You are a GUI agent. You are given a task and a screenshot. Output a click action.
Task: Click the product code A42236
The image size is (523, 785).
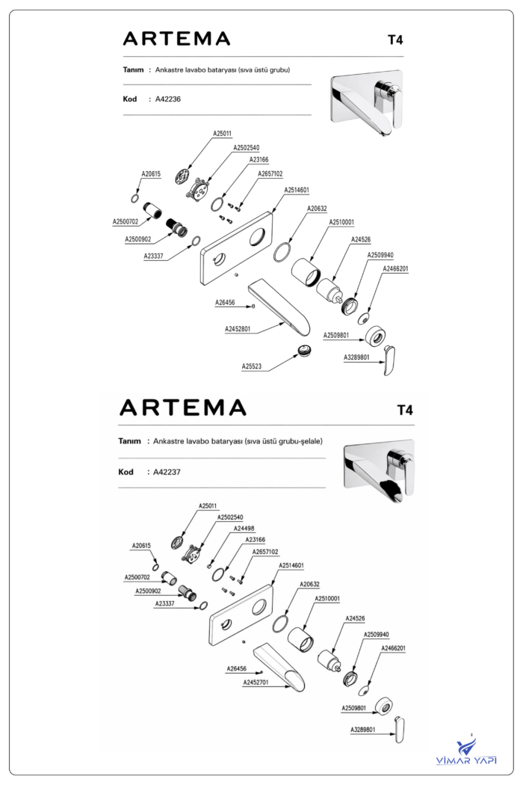(x=167, y=99)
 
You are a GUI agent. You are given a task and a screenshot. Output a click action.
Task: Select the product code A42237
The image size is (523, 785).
(x=167, y=472)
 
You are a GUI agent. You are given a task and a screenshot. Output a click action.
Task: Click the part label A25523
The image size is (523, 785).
(x=251, y=366)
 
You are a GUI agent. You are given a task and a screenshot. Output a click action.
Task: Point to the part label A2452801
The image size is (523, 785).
(x=238, y=329)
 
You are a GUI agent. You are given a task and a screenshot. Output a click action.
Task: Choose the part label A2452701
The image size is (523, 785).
(x=256, y=683)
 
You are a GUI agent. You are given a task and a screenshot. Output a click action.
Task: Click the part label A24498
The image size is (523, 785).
(x=244, y=529)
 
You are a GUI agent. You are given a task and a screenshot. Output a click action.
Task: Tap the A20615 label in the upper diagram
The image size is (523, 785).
(x=151, y=174)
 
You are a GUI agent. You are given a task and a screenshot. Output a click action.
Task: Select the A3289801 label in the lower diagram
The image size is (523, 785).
(x=363, y=730)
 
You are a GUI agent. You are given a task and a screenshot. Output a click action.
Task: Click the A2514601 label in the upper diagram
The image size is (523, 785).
(x=297, y=190)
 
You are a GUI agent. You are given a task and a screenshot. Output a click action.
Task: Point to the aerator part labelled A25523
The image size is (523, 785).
(x=304, y=350)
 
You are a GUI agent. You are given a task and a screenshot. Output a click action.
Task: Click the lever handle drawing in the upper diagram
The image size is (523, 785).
(x=390, y=360)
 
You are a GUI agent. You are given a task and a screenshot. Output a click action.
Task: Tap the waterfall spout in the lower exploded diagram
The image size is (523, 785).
(x=279, y=668)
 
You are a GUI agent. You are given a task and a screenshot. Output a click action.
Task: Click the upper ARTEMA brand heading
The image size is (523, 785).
(x=176, y=39)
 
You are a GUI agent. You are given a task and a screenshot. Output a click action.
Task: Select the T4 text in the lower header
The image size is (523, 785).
(x=405, y=410)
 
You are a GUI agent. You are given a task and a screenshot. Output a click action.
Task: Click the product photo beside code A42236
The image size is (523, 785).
(x=367, y=102)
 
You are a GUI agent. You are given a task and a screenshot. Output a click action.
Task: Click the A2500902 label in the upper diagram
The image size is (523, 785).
(x=137, y=239)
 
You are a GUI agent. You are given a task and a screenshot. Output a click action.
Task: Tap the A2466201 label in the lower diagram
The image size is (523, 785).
(x=394, y=648)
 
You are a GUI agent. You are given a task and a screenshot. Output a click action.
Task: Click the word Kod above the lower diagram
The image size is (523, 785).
(x=126, y=472)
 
